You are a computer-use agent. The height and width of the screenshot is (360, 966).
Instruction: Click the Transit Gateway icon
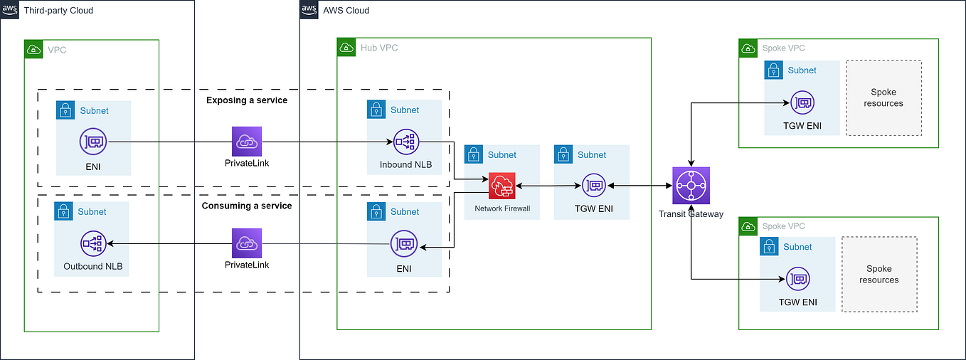tap(691, 186)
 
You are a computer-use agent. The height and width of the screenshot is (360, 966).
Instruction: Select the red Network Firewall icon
tap(501, 186)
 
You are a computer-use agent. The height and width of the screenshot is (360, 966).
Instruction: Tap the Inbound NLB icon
tap(405, 142)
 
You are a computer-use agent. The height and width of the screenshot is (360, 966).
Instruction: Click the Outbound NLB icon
tap(94, 244)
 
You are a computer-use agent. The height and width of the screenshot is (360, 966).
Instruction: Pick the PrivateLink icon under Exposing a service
tap(247, 142)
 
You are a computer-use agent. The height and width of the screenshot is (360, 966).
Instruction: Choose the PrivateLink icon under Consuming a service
tap(247, 243)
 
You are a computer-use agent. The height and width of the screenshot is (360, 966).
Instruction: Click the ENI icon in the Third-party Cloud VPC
tap(94, 142)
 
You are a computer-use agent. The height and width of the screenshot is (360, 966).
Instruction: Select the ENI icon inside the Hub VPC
tap(404, 244)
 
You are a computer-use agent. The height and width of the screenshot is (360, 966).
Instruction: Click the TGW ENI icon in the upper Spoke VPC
tap(802, 103)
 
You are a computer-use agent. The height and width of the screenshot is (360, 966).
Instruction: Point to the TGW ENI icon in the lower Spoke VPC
tap(797, 280)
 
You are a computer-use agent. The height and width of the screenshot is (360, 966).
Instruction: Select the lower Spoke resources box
tap(879, 275)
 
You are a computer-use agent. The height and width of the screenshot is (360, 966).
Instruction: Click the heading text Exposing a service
tap(247, 100)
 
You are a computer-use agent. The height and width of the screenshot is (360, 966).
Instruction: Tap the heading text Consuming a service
tap(247, 206)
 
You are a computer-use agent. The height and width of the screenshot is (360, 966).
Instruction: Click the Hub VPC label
tap(379, 48)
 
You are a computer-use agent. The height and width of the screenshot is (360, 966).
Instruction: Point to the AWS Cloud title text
tap(346, 11)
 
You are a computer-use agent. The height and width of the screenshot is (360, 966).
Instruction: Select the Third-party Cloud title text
tap(58, 11)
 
